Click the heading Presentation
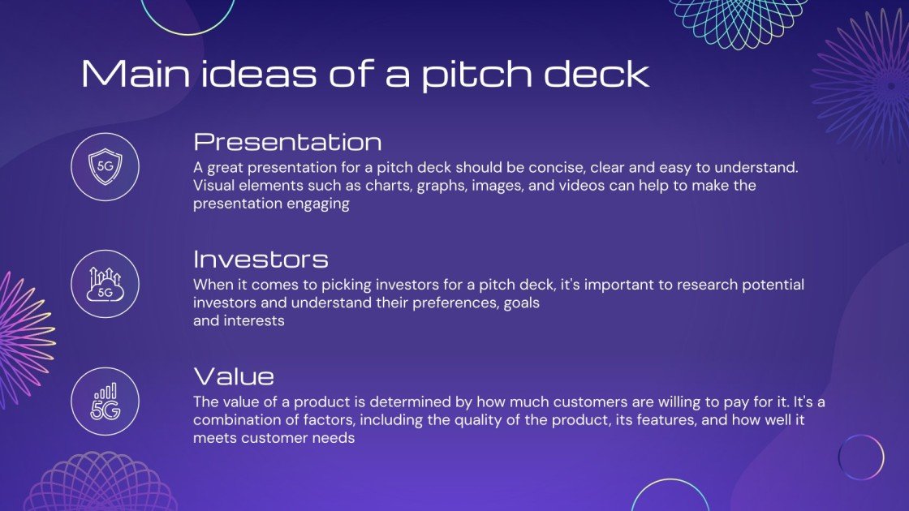tap(287, 143)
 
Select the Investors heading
tap(261, 260)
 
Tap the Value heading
tap(234, 376)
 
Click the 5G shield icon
tap(105, 167)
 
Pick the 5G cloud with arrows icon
tap(105, 284)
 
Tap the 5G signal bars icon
tap(105, 401)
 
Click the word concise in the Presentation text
tap(554, 168)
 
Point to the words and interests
tap(239, 321)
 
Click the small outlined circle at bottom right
tap(860, 457)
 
